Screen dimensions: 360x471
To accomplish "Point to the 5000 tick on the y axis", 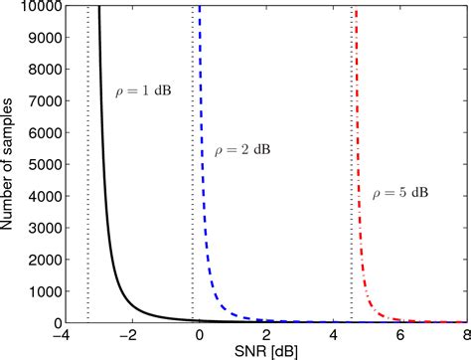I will [x=41, y=165].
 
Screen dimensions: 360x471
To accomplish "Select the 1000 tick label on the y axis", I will [x=41, y=291].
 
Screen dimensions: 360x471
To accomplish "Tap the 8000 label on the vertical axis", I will [x=41, y=71].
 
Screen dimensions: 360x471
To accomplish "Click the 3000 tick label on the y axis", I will [x=41, y=229].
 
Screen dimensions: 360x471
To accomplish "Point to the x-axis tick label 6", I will [x=399, y=335].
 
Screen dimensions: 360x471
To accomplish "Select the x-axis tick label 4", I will [x=333, y=335].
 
